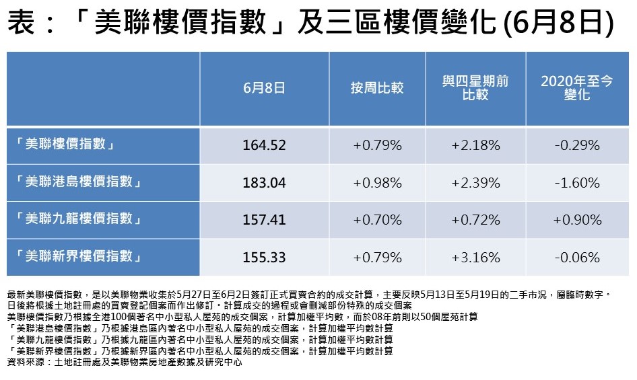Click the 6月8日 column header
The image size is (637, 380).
[x=264, y=87]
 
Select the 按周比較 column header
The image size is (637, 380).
[x=377, y=87]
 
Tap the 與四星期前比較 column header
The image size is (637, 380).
[x=475, y=88]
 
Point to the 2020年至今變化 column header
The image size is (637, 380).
[x=576, y=88]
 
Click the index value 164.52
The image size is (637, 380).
[x=264, y=145]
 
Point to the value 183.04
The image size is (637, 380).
[x=264, y=182]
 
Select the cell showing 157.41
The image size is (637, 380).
[x=264, y=220]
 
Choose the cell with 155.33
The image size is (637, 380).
[x=264, y=257]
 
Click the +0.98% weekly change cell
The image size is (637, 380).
[x=377, y=182]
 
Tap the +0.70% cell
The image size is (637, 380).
[x=377, y=220]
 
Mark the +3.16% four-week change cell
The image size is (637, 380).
[x=475, y=257]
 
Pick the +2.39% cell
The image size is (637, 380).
[x=475, y=182]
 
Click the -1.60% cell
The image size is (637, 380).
[x=576, y=182]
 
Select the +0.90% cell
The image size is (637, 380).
[x=576, y=220]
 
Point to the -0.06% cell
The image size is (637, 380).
[x=576, y=257]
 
